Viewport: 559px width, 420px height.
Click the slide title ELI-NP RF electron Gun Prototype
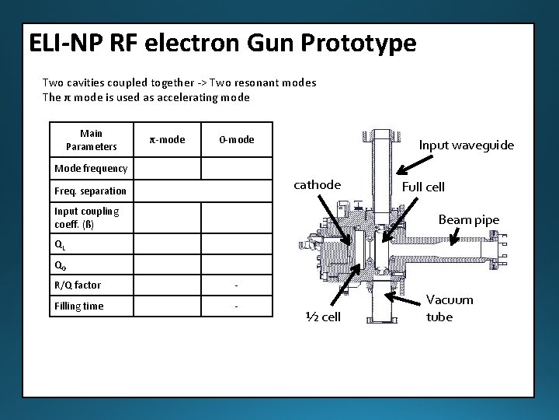click(x=222, y=43)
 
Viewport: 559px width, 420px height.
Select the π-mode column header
click(x=167, y=139)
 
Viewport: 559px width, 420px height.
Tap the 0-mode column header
click(x=236, y=139)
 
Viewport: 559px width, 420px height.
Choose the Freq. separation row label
click(x=90, y=191)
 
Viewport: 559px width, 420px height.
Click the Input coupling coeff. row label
click(x=86, y=217)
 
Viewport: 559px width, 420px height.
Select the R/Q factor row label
click(x=78, y=285)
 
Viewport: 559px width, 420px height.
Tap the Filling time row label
click(x=79, y=306)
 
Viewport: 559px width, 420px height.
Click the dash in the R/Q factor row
click(x=236, y=285)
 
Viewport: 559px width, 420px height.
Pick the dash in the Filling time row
click(x=236, y=306)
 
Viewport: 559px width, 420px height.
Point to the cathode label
click(x=317, y=184)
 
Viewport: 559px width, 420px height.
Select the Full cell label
click(x=423, y=187)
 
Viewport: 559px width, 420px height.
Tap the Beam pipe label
click(x=469, y=219)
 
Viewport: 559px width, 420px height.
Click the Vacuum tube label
click(x=450, y=308)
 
